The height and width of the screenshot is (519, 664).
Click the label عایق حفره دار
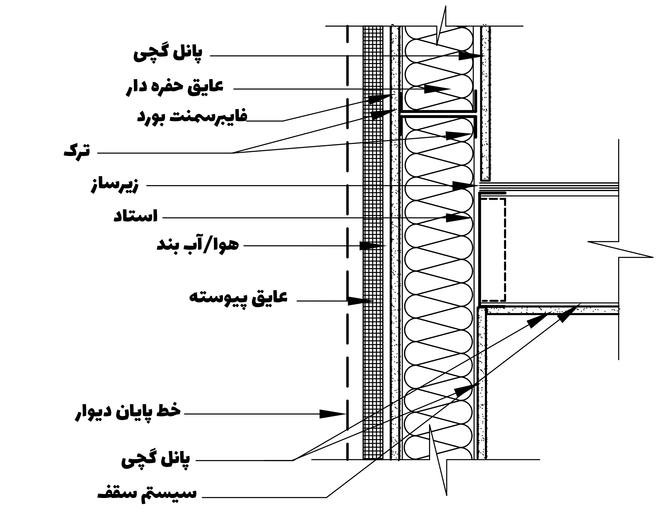click(175, 87)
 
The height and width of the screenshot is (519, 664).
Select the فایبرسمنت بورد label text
click(192, 116)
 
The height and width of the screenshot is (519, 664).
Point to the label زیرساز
click(115, 185)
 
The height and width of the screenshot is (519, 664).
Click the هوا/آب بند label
click(198, 245)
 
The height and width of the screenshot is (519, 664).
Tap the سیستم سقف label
click(147, 493)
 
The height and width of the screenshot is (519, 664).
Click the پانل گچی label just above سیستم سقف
click(155, 460)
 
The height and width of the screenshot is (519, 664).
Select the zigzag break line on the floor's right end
click(620, 249)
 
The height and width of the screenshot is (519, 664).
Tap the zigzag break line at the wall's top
click(441, 26)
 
